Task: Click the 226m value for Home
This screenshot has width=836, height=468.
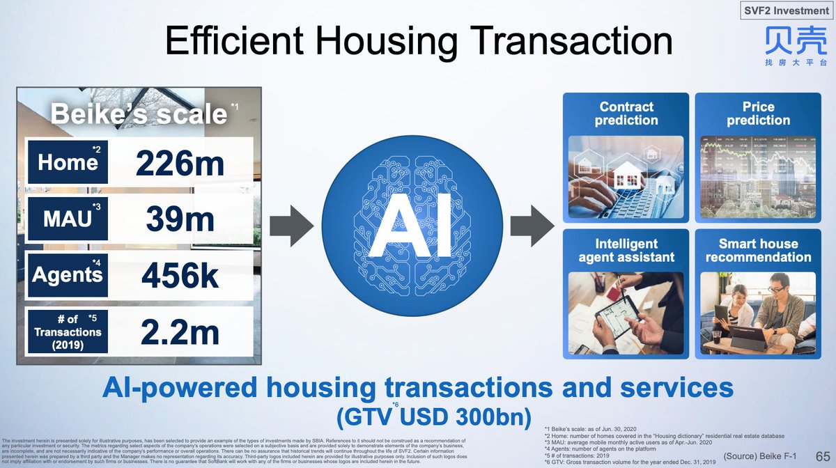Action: click(x=180, y=164)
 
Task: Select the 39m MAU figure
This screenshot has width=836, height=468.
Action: click(x=180, y=220)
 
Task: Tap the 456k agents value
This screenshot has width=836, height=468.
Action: click(x=180, y=276)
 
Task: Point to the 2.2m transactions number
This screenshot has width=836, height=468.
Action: click(x=180, y=332)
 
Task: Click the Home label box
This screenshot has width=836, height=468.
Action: click(x=68, y=163)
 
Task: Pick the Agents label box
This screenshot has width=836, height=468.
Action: click(x=68, y=274)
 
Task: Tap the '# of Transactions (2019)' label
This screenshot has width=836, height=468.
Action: click(x=68, y=331)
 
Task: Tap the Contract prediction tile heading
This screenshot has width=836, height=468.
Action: click(x=626, y=114)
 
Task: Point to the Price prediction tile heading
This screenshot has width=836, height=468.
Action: click(x=758, y=114)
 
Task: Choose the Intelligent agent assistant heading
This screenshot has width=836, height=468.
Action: click(x=626, y=250)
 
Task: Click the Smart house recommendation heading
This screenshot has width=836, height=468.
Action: click(x=758, y=250)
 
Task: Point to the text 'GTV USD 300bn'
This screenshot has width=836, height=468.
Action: click(x=417, y=419)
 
